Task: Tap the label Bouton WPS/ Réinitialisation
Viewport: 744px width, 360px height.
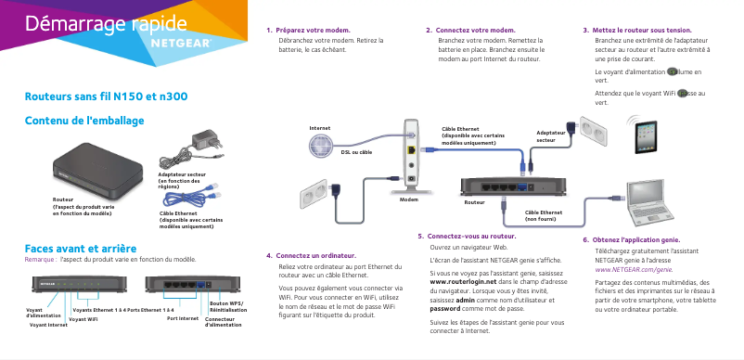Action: click(x=227, y=306)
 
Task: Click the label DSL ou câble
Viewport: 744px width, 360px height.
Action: click(x=356, y=151)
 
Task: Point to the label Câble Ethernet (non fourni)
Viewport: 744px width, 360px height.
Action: click(x=544, y=215)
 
